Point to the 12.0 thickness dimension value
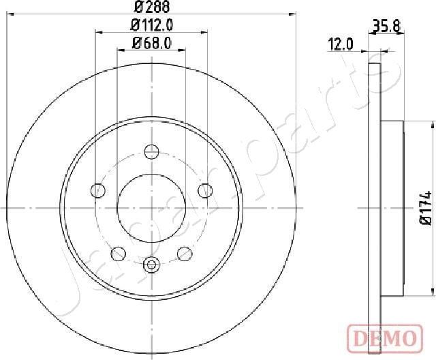340,45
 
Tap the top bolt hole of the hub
151,151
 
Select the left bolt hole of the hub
99,190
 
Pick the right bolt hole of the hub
203,190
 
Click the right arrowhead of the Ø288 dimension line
293,13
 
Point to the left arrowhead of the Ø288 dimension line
10,13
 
